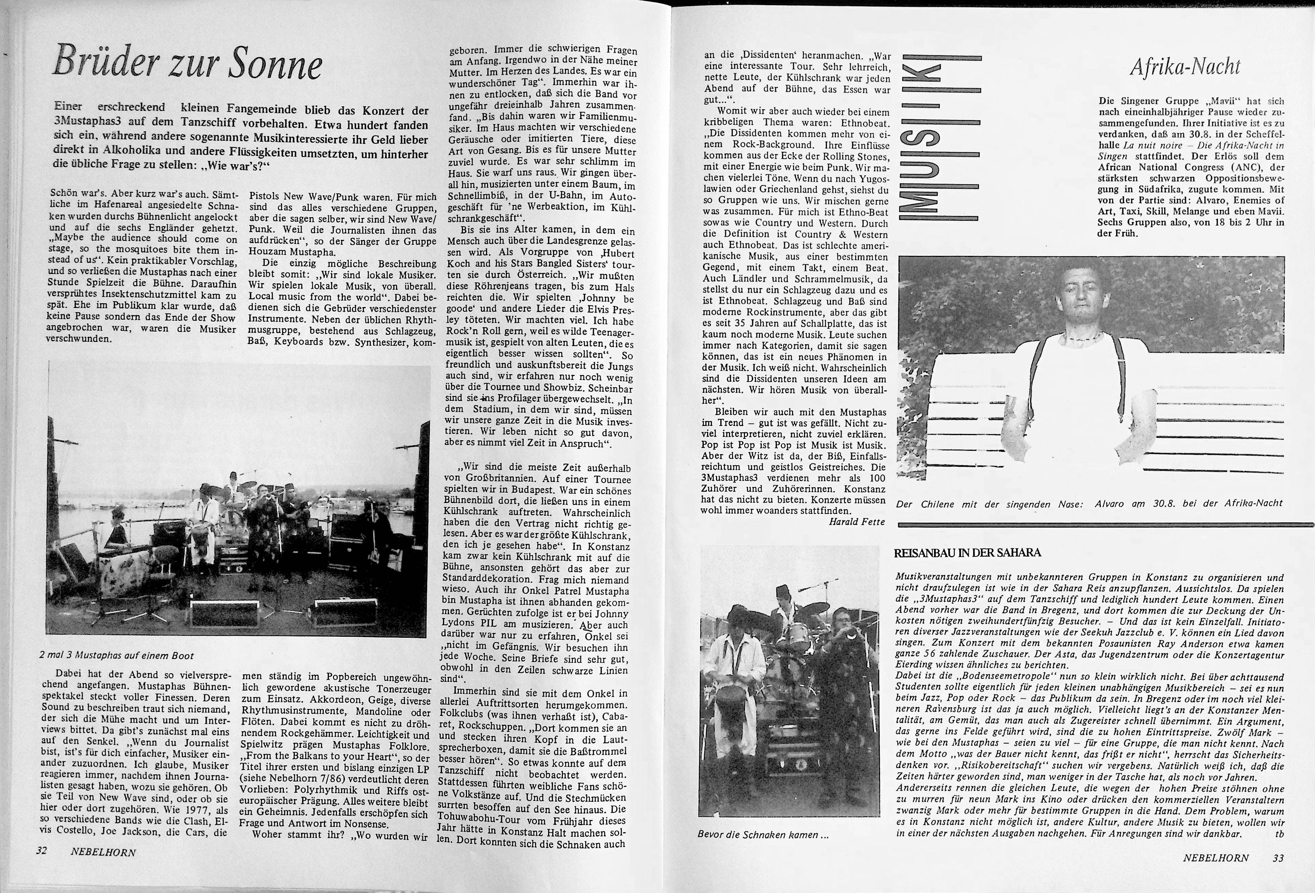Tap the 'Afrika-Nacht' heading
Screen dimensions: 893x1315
pos(1184,67)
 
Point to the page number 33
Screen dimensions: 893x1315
pos(1278,858)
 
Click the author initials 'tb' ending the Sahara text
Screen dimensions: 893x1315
pos(1280,834)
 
